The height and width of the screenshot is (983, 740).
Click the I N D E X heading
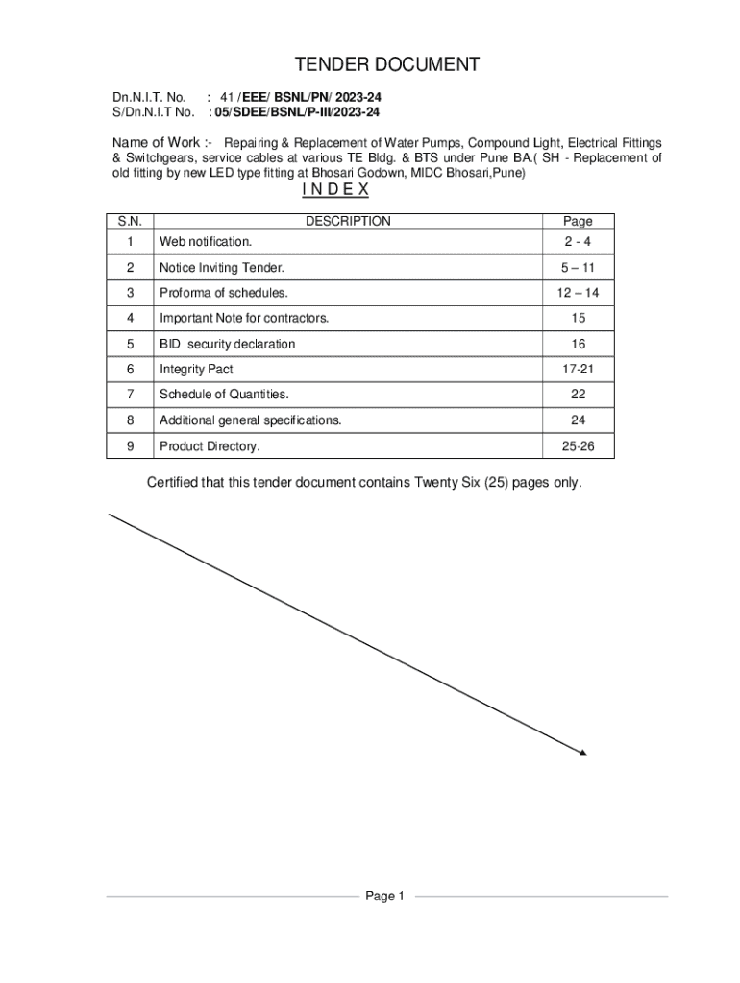click(x=335, y=189)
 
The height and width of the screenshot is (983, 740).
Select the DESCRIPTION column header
click(x=348, y=221)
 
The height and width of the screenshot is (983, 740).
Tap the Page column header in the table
click(x=578, y=221)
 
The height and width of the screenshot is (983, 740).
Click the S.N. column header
click(x=130, y=221)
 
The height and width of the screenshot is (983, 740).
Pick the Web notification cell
click(x=206, y=241)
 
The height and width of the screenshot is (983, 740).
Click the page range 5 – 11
click(x=578, y=267)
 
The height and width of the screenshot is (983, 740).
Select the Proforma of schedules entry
click(x=224, y=293)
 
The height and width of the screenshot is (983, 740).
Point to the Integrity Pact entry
click(x=196, y=369)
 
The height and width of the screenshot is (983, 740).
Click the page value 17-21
click(x=578, y=369)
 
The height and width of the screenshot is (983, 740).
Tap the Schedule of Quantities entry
click(x=224, y=395)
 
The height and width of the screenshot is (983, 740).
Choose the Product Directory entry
click(x=210, y=446)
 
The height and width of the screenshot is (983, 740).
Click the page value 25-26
click(x=578, y=446)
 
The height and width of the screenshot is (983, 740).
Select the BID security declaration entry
click(x=227, y=344)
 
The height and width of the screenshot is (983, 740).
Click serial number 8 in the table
click(x=130, y=420)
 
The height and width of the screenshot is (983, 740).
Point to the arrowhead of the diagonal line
click(x=581, y=753)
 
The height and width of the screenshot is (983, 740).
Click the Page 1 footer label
click(x=385, y=896)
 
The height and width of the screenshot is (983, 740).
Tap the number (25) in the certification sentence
click(x=489, y=482)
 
